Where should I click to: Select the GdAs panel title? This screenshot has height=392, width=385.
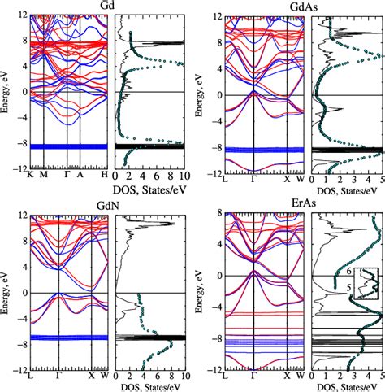pos(283,6)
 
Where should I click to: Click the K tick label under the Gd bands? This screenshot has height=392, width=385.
pos(30,176)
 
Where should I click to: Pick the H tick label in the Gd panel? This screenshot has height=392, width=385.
pos(105,176)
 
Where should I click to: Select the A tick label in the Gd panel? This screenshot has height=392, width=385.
pos(80,176)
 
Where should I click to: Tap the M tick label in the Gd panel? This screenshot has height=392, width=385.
pos(43,176)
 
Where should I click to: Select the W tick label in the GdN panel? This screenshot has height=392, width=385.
pos(104,377)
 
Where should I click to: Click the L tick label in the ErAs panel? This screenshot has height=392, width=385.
pos(231,376)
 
